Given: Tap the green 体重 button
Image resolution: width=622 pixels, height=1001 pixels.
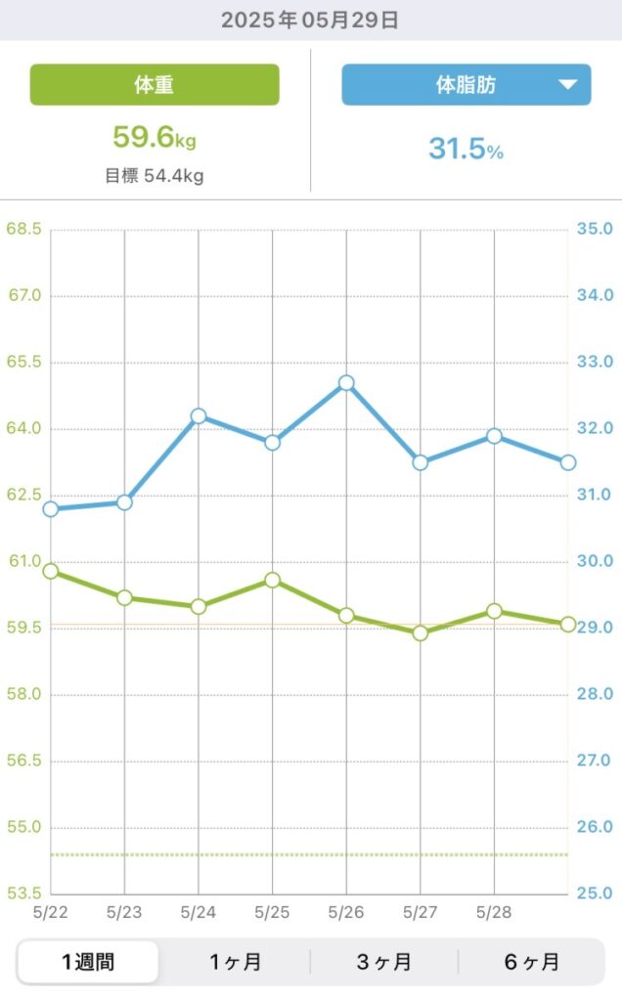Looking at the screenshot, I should tap(155, 85).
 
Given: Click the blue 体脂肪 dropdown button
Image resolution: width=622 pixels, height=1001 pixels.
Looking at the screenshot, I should tap(466, 85).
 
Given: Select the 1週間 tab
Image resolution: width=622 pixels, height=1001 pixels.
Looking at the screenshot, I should tap(88, 962).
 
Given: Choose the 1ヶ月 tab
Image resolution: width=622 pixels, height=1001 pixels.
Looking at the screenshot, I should tap(236, 962).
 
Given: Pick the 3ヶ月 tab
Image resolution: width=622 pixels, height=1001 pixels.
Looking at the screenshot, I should tap(383, 962).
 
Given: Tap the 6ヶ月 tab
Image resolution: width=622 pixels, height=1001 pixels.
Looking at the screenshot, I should tap(531, 962).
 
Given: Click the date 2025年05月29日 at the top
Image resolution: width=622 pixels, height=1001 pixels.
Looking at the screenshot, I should tap(310, 21).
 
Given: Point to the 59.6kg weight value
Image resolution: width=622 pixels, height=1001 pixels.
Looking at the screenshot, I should tap(155, 137).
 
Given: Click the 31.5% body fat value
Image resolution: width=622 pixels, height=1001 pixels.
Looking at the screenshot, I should tap(466, 150).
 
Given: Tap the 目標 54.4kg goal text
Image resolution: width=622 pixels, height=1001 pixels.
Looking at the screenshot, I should tap(155, 177).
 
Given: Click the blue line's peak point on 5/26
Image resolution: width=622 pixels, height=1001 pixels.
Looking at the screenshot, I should tap(346, 383).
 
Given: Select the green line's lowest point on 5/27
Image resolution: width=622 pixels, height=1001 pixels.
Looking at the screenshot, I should tap(420, 632).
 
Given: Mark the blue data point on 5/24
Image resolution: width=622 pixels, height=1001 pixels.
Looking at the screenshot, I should tap(199, 416).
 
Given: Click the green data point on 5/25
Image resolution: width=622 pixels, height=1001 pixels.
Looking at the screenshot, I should tap(272, 581).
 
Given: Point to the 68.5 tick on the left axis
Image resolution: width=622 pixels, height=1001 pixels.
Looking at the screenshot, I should tap(23, 230).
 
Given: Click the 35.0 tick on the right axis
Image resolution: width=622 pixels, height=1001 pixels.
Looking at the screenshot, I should tap(595, 230).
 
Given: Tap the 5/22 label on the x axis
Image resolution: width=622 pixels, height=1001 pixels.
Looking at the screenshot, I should tap(51, 912).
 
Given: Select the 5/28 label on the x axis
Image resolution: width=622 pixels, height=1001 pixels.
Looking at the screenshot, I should tap(493, 912).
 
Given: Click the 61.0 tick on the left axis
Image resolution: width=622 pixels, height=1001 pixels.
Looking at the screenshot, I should tap(23, 562).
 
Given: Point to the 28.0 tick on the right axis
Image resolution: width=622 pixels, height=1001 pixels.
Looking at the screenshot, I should tap(595, 694).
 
